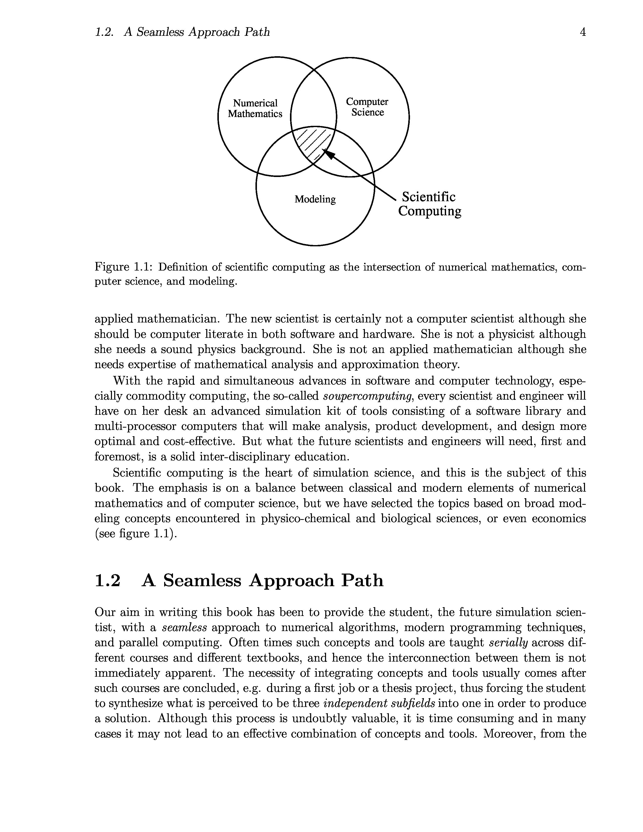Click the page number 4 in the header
[582, 32]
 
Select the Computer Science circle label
[367, 107]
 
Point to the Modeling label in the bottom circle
[315, 199]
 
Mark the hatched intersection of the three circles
[313, 143]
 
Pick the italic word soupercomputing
[368, 396]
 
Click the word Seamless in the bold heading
[202, 581]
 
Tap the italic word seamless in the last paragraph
[184, 628]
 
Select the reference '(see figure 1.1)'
[136, 534]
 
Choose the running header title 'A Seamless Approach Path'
[197, 32]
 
